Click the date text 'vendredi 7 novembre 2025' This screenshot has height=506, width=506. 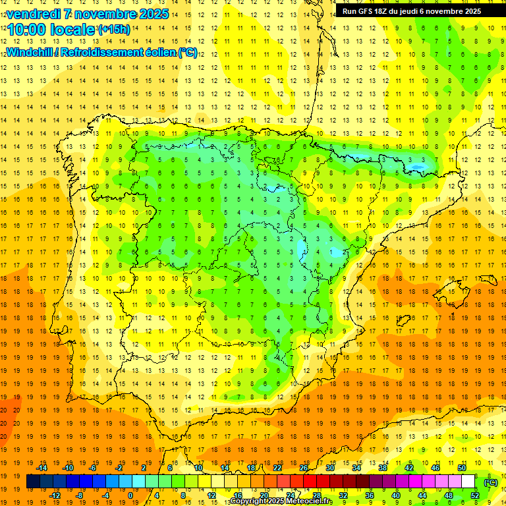coord(88,14)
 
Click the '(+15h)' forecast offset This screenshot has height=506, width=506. coord(114,30)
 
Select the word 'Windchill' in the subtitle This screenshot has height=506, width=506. coord(30,52)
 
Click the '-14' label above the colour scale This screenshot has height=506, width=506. coord(43,468)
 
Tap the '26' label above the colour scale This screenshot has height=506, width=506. coord(304,468)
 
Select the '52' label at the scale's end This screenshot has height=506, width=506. coord(476,495)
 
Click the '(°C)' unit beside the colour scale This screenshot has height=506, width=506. coord(491,482)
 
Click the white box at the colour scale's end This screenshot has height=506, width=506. coord(468,482)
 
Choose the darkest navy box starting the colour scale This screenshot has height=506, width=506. coord(33,482)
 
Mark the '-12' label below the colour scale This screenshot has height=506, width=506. coord(55,495)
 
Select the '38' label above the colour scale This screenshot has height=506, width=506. coord(383,468)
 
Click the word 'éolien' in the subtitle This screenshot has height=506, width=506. coord(153,52)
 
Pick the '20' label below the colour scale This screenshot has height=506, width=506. coord(264,495)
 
